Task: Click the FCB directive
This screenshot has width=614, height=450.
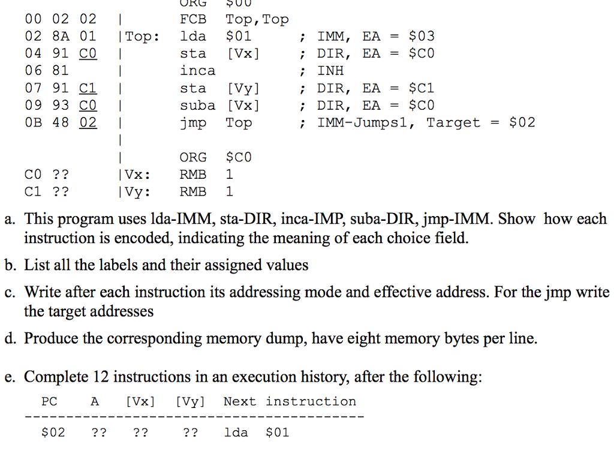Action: (193, 19)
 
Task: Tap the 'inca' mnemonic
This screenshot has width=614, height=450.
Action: (198, 71)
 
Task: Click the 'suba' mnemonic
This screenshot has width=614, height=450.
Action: (198, 106)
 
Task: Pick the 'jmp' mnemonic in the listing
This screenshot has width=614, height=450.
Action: (193, 123)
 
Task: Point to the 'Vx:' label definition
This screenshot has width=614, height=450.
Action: (136, 175)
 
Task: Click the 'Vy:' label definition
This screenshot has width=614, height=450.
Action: (136, 193)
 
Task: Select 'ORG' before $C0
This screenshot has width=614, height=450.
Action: (193, 158)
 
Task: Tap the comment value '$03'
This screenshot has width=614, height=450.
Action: (421, 37)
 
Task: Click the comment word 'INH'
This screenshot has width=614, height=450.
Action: (330, 71)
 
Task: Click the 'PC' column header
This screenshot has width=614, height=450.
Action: (49, 401)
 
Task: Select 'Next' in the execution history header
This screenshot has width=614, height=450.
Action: (239, 401)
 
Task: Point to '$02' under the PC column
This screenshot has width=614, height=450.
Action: (53, 433)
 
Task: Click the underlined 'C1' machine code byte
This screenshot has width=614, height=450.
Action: (88, 88)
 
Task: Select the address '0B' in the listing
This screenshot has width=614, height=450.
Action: (33, 123)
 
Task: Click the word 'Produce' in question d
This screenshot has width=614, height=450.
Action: (51, 339)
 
